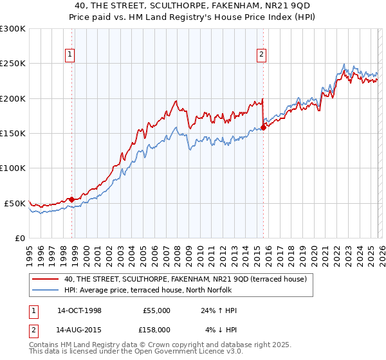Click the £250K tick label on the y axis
(13, 64)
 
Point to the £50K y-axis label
(15, 203)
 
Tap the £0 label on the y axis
(19, 238)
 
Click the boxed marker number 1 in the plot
(69, 55)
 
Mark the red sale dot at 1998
(72, 199)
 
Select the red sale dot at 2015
(264, 127)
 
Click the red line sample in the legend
(46, 279)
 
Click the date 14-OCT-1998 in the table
(79, 310)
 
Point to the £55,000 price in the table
(156, 310)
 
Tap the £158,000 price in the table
(155, 330)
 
